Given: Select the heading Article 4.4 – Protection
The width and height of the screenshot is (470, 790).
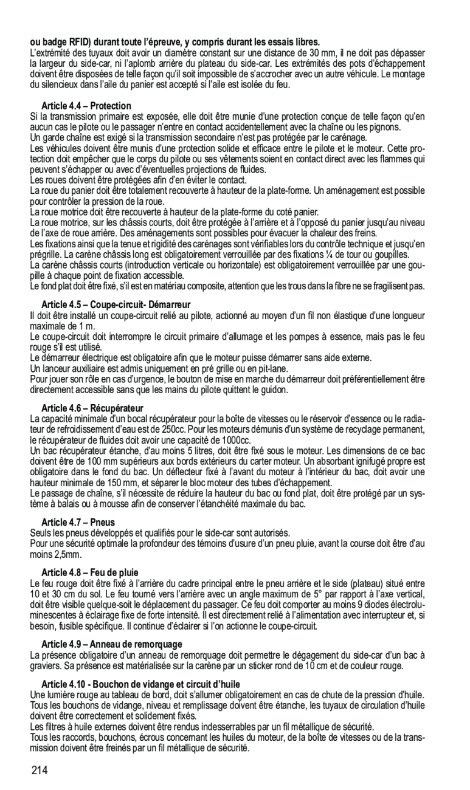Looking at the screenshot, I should point(86,106).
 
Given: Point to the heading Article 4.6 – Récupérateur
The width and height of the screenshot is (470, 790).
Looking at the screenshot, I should point(92,407).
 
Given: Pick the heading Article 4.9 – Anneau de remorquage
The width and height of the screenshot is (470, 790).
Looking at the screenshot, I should point(112,644).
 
